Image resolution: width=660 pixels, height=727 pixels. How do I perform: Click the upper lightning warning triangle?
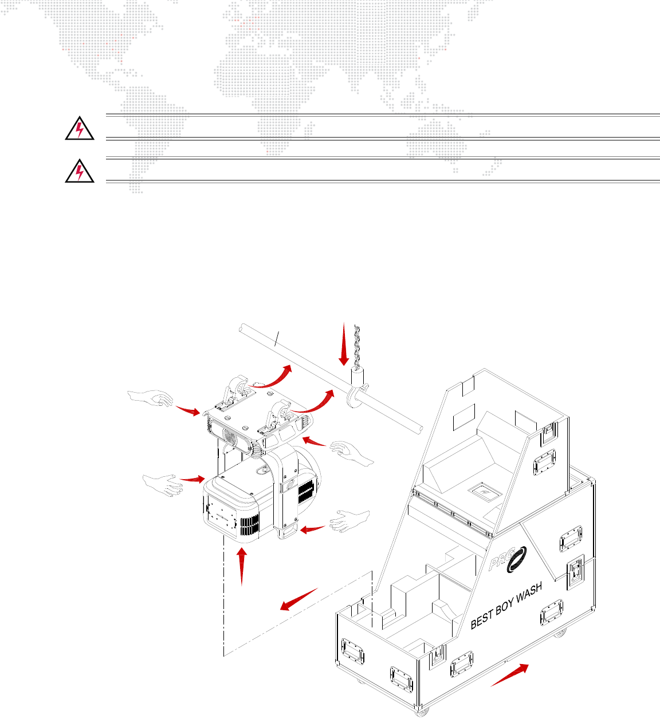click(80, 128)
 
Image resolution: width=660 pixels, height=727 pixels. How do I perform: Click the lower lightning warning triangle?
click(80, 171)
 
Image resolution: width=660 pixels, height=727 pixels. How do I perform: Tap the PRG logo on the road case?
click(508, 560)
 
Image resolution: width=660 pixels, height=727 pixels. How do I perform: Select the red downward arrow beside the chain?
click(344, 344)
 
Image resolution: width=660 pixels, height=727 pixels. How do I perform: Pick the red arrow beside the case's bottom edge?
click(509, 675)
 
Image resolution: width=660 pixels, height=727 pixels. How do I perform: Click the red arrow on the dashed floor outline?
click(298, 599)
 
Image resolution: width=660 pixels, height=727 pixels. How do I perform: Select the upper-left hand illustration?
click(151, 398)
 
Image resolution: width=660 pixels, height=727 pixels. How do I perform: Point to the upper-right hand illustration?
click(351, 453)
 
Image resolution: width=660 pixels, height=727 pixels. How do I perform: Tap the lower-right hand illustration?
click(349, 521)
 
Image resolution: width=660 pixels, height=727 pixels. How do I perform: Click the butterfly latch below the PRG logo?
click(575, 572)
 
